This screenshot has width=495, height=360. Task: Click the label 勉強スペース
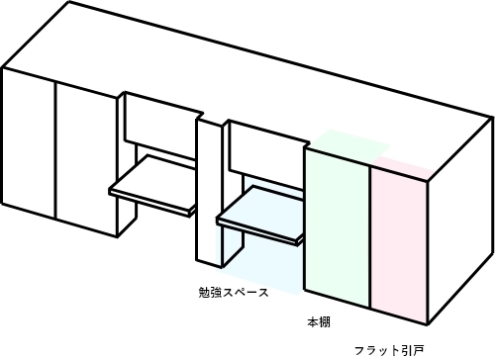coord(233,293)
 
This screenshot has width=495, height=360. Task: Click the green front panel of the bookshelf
coord(337,227)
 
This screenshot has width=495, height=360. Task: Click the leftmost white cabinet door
coord(28,138)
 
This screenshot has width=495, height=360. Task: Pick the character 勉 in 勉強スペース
coord(203,293)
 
